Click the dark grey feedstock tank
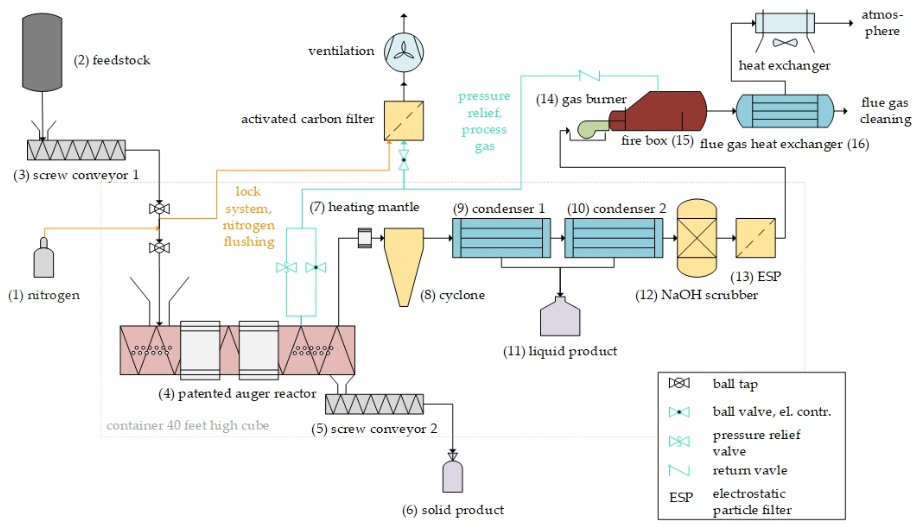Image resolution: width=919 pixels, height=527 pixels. (x=42, y=52)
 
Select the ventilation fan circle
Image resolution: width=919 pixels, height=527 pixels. (x=404, y=52)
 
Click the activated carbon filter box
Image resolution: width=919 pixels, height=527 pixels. (x=404, y=121)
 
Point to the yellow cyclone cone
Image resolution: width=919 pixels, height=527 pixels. (x=404, y=261)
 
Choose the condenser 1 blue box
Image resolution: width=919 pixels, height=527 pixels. (x=501, y=238)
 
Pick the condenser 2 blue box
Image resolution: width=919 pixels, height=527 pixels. (x=614, y=238)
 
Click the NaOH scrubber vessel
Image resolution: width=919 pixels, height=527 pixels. (x=696, y=238)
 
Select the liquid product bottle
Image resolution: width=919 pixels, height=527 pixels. (x=560, y=318)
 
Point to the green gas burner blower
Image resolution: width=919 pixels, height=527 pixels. (x=590, y=130)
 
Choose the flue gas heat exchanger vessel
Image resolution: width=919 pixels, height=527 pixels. (x=785, y=111)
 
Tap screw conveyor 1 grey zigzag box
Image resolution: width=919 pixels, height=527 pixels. (x=76, y=150)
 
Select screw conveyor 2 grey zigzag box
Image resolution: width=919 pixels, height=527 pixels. (x=374, y=404)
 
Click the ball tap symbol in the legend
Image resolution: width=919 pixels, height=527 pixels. (x=679, y=383)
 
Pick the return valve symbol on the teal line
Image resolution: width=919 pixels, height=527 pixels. (x=589, y=75)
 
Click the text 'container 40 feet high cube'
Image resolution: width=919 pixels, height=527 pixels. (x=188, y=425)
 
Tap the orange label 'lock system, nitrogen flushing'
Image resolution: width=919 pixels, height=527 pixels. (x=248, y=216)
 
